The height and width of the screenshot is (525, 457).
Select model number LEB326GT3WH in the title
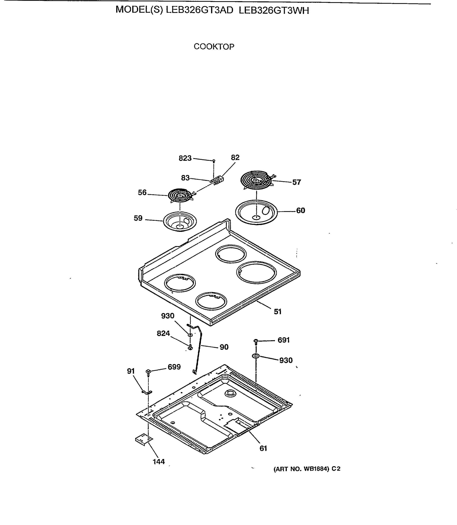[x=274, y=10]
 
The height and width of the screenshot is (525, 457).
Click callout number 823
[x=185, y=158]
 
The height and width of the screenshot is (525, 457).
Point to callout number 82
[x=235, y=157]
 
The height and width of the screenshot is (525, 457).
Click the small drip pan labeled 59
[x=180, y=222]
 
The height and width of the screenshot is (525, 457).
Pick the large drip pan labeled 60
[x=256, y=212]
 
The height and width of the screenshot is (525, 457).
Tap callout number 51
[x=277, y=312]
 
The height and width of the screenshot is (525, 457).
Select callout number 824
[x=163, y=333]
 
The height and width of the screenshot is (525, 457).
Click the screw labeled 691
[x=256, y=341]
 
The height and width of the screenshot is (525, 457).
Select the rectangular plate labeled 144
[x=143, y=440]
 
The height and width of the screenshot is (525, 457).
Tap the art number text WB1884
[x=316, y=469]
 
